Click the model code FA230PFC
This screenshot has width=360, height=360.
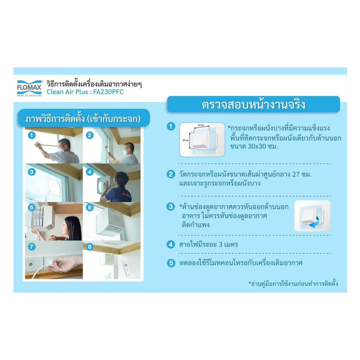(112, 92)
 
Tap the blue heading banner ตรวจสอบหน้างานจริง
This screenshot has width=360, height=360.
(253, 105)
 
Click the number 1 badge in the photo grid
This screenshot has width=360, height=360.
(32, 135)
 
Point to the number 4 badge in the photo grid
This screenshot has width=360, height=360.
(89, 172)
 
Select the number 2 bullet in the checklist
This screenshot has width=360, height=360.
(171, 174)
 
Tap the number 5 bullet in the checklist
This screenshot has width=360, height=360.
(171, 263)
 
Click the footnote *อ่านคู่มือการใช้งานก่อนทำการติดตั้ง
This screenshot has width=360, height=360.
(293, 284)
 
